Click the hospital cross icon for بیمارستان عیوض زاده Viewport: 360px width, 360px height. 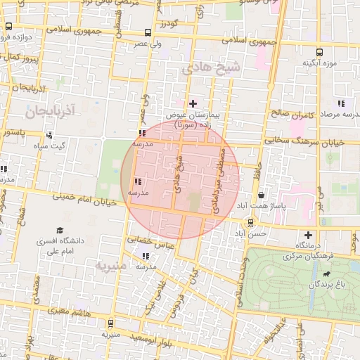[193, 103]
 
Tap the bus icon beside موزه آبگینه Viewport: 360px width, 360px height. [320, 52]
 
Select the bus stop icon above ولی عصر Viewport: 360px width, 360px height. [146, 33]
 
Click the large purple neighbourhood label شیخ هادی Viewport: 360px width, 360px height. [211, 68]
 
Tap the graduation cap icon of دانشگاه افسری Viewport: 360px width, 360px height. [60, 230]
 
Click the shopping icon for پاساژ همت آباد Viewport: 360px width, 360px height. [262, 195]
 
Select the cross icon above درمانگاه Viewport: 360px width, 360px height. [307, 235]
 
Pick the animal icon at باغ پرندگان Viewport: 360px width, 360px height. [327, 274]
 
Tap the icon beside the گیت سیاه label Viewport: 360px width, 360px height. [49, 135]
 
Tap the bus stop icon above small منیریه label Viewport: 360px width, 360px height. [110, 323]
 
